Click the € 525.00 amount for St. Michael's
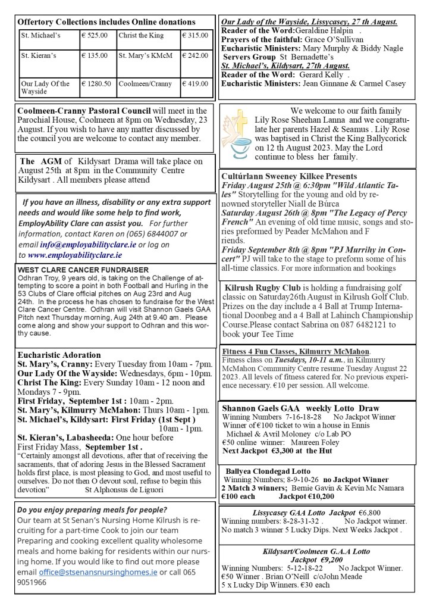tap(95, 36)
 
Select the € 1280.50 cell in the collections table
tap(96, 84)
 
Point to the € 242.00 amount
tap(195, 56)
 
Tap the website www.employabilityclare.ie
tap(75, 254)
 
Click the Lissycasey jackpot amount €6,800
tap(362, 512)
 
